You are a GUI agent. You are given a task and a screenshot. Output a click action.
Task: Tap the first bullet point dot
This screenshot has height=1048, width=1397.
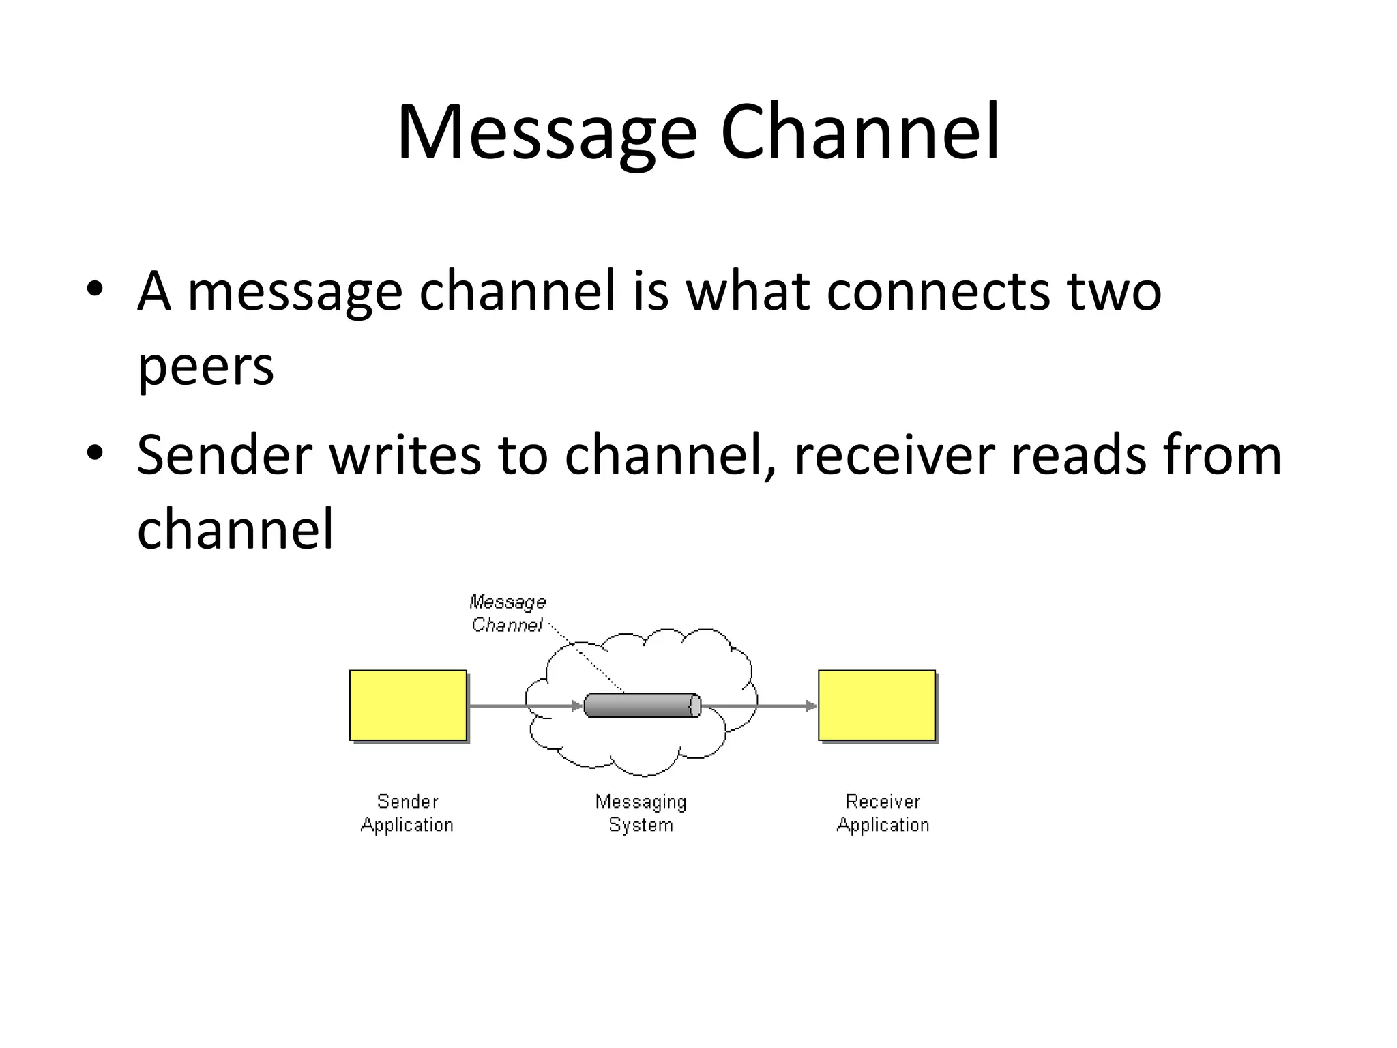[x=95, y=289]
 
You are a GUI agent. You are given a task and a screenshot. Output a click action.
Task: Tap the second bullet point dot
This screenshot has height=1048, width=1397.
[x=95, y=452]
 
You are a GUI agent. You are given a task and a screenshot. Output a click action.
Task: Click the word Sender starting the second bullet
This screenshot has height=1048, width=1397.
[x=224, y=455]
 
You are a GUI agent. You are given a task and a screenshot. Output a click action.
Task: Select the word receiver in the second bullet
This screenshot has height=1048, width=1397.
[x=894, y=455]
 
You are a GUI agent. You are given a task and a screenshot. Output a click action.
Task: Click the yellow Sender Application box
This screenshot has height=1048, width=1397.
[x=408, y=705]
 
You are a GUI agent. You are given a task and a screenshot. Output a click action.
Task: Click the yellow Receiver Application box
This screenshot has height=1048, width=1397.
[x=877, y=705]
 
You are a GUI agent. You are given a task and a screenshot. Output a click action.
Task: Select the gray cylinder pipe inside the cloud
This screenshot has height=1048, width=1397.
[x=642, y=705]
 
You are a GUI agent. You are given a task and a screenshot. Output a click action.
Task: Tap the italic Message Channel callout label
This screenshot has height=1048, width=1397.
[x=508, y=613]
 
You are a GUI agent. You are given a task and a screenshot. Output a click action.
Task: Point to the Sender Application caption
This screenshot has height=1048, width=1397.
[x=407, y=813]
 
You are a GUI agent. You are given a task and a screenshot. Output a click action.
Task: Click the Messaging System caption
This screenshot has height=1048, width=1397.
[x=641, y=813]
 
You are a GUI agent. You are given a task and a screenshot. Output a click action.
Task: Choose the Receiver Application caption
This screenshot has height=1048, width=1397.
[x=883, y=813]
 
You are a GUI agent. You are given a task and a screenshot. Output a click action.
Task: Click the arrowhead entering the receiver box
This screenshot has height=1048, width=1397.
[x=811, y=705]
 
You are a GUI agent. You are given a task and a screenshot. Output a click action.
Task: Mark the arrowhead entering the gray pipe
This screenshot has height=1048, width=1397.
[x=577, y=705]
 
